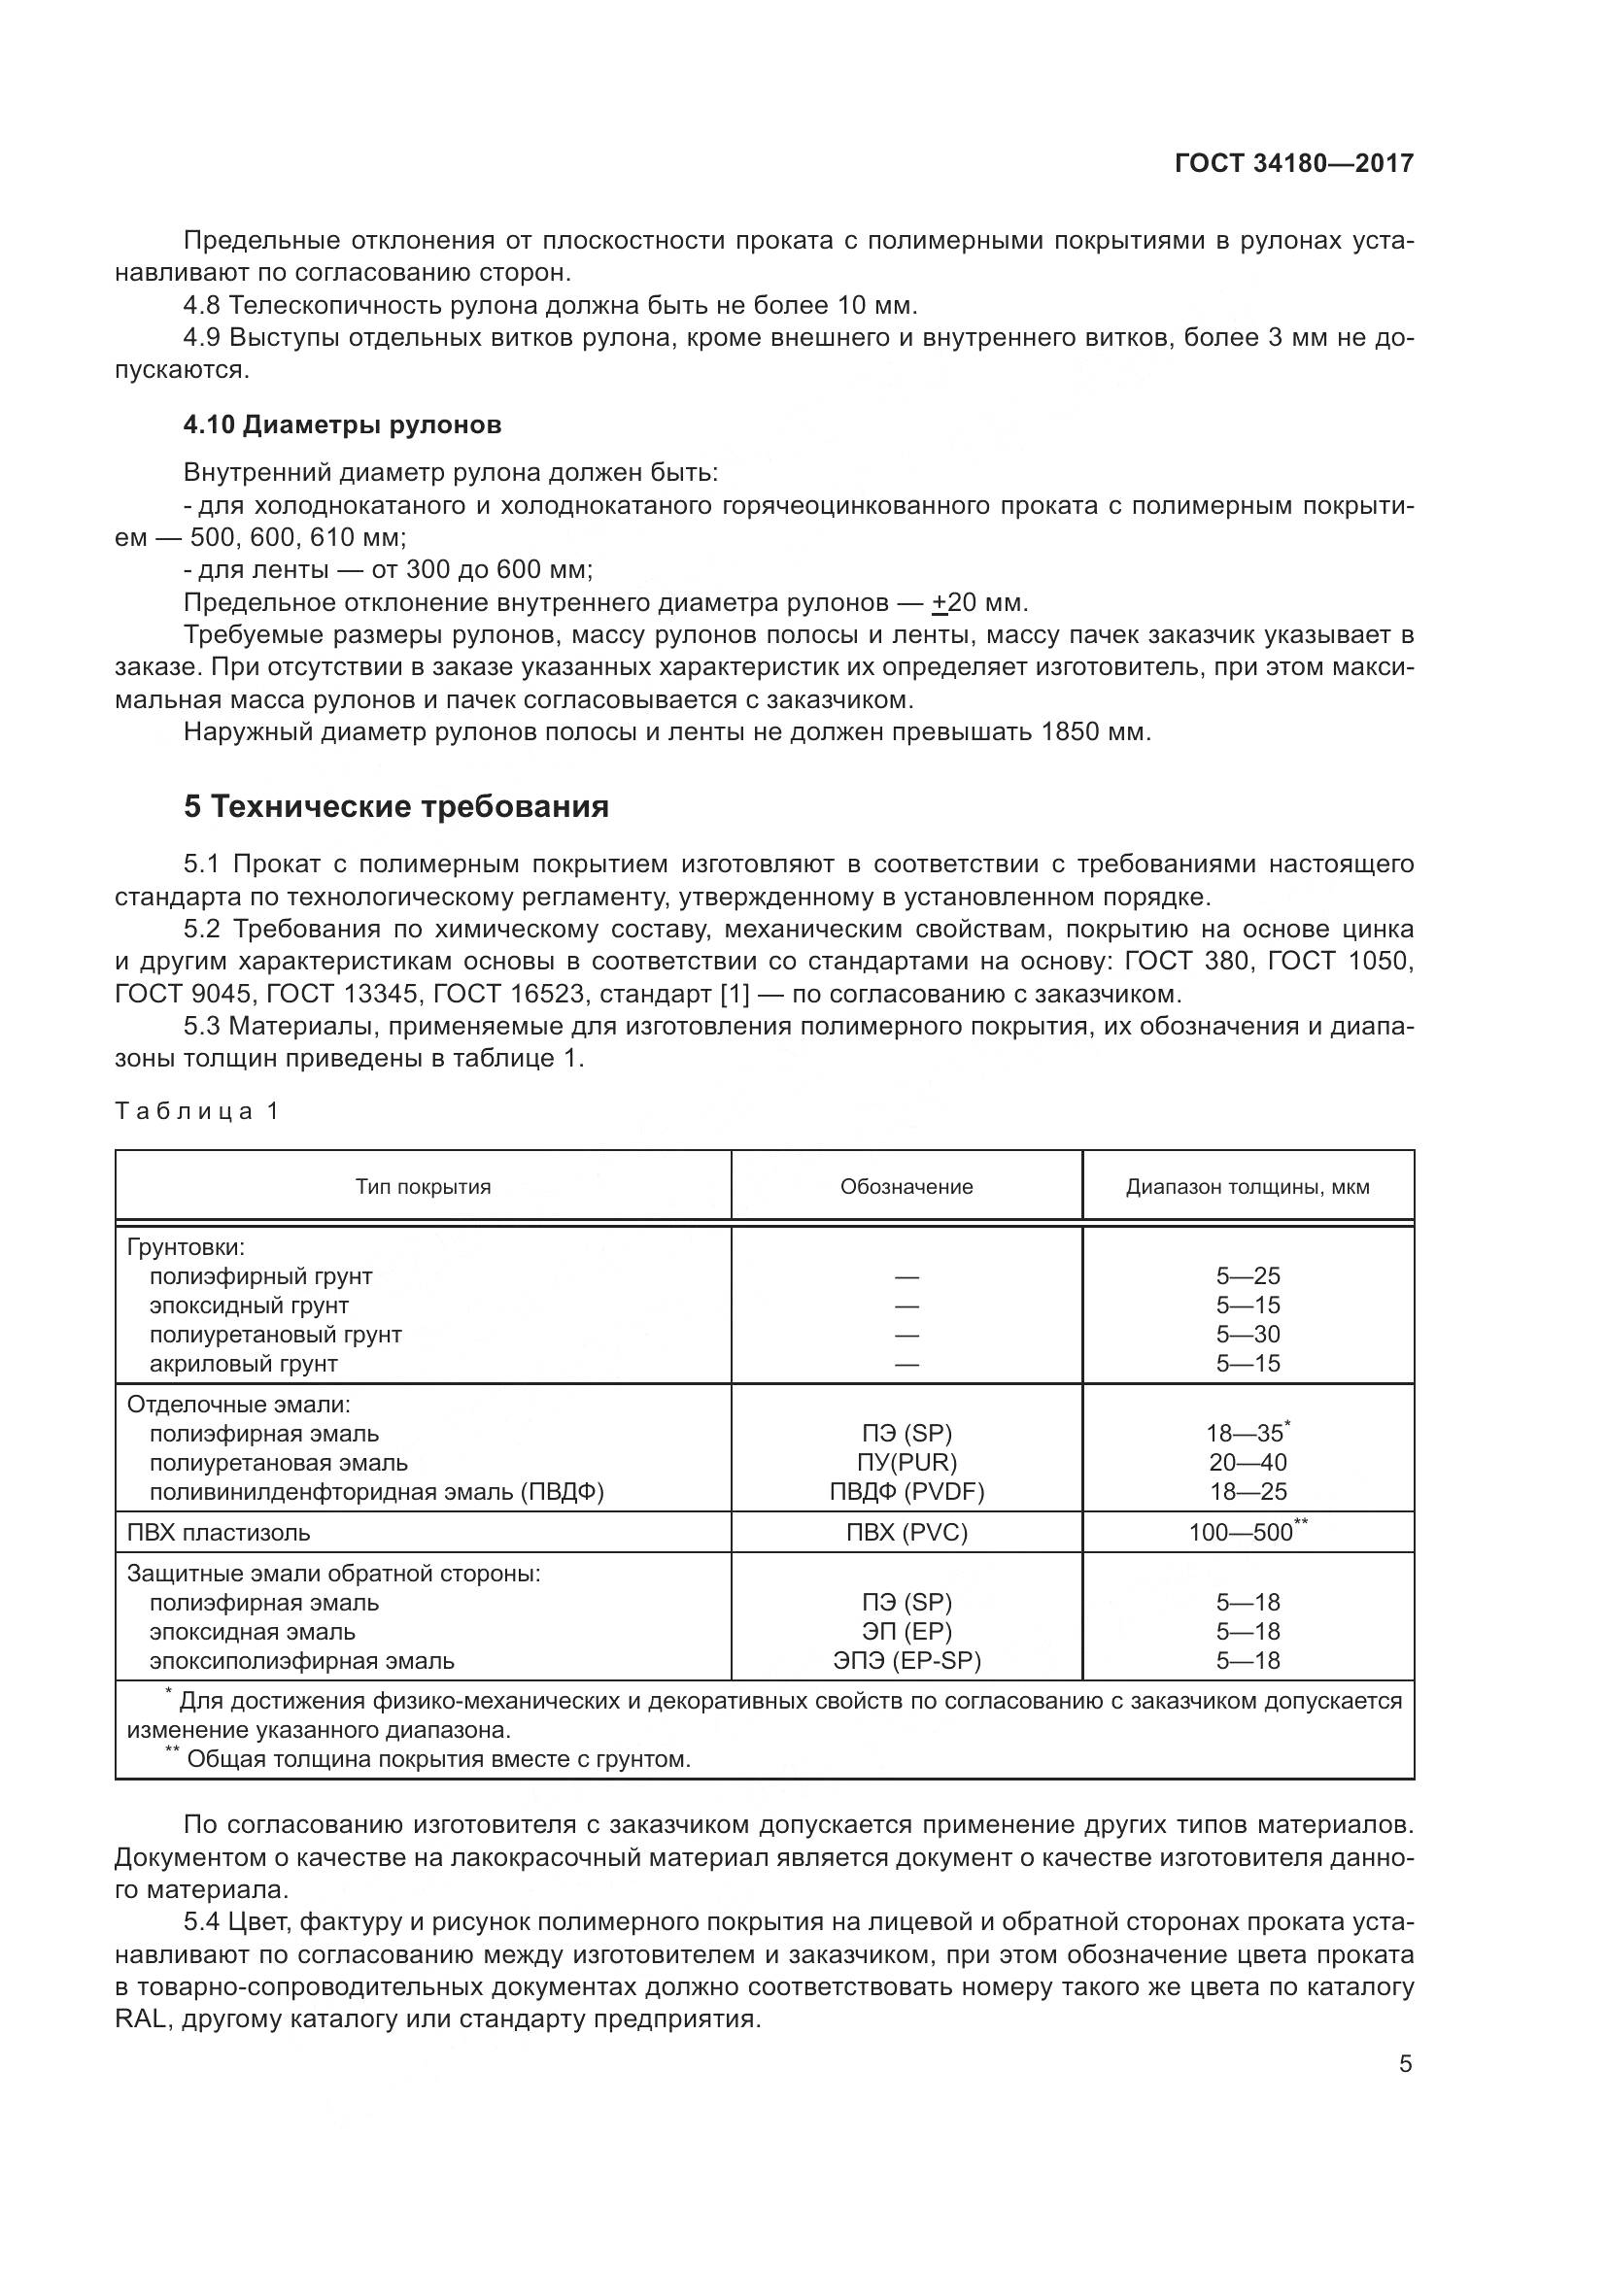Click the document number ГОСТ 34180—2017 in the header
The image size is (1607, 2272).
tap(1293, 163)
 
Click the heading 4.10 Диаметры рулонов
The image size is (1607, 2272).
tap(342, 425)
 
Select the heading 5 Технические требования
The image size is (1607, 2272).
tap(395, 807)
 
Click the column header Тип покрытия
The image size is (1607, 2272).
tap(423, 1186)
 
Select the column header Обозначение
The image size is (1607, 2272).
tap(906, 1186)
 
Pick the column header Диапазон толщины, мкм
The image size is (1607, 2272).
tap(1247, 1186)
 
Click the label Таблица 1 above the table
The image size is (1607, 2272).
tap(197, 1111)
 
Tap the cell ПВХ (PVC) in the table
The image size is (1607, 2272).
tap(906, 1533)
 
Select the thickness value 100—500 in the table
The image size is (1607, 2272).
tap(1241, 1533)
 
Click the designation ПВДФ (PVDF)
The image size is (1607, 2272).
tap(906, 1491)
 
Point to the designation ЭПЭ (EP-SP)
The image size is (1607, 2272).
tap(906, 1660)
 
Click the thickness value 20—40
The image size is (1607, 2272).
tap(1247, 1463)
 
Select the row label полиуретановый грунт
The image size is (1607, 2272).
tap(275, 1334)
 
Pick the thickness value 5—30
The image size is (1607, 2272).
tap(1247, 1334)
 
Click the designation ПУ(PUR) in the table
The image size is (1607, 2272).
tap(906, 1463)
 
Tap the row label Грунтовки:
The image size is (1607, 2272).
tap(185, 1247)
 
